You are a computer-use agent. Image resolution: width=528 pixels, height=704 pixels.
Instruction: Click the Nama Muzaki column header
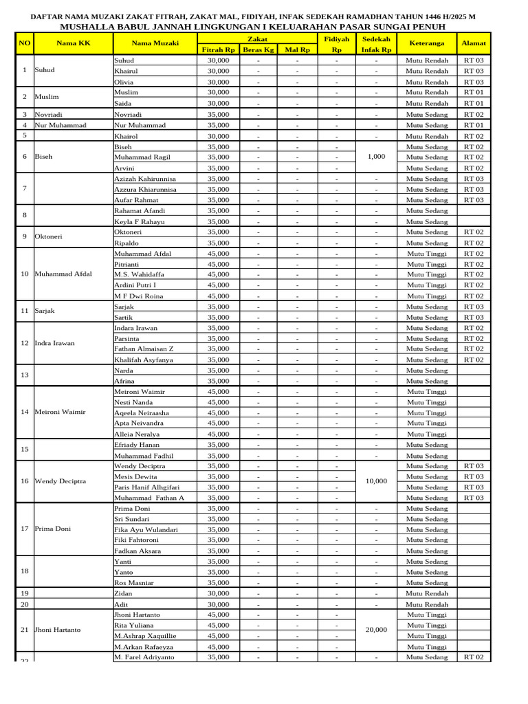(x=155, y=43)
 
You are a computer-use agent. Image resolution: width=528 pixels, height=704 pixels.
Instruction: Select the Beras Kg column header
(x=258, y=50)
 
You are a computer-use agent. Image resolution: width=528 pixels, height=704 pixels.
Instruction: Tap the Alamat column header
(x=474, y=43)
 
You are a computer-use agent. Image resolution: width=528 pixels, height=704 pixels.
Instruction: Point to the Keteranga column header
(x=426, y=43)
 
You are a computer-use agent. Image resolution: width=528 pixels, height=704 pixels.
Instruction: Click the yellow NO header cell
(x=25, y=43)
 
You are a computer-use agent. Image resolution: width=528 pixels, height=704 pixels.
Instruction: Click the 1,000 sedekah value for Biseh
(x=376, y=157)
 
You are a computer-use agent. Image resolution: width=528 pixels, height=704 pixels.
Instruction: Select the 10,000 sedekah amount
(x=376, y=481)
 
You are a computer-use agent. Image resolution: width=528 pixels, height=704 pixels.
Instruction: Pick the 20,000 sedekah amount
(x=376, y=630)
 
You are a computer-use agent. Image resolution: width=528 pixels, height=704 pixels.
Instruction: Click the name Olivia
(x=124, y=82)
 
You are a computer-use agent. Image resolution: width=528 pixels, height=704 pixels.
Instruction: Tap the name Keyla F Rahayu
(x=139, y=221)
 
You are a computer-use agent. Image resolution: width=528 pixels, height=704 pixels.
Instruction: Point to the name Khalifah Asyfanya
(x=143, y=360)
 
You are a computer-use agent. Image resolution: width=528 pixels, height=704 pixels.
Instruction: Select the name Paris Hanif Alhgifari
(x=146, y=487)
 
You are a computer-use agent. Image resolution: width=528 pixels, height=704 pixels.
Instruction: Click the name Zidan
(x=123, y=593)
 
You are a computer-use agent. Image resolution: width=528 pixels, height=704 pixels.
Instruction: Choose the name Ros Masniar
(x=133, y=582)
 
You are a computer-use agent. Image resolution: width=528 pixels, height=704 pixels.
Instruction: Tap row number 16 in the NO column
(x=25, y=481)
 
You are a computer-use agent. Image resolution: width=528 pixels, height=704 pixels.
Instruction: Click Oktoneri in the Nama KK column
(x=49, y=236)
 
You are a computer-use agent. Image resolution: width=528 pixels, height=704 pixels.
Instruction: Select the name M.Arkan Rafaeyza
(x=144, y=646)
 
